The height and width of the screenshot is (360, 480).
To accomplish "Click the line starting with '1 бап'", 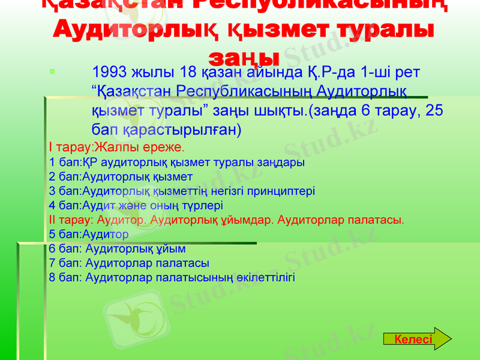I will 176,162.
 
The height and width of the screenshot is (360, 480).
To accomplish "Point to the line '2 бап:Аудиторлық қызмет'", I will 121,176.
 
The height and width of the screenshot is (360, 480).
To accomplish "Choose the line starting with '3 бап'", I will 182,191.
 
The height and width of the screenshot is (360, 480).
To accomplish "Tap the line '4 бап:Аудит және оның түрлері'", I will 136,205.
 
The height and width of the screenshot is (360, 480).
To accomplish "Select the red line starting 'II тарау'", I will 226,220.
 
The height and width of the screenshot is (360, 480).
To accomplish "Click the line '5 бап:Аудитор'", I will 89,234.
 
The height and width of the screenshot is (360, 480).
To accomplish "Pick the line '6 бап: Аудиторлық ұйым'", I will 117,248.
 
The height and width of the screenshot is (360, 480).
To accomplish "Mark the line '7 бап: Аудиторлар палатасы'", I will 129,263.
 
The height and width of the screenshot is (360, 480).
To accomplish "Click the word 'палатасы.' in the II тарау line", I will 382,220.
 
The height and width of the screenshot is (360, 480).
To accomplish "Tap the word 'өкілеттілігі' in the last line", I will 263,278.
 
